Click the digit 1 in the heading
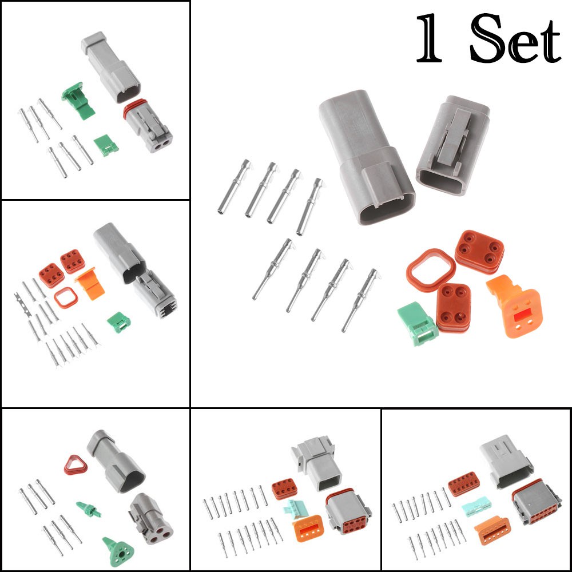click(x=430, y=39)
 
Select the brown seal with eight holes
click(x=284, y=488)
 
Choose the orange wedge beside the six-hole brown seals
click(x=89, y=284)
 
